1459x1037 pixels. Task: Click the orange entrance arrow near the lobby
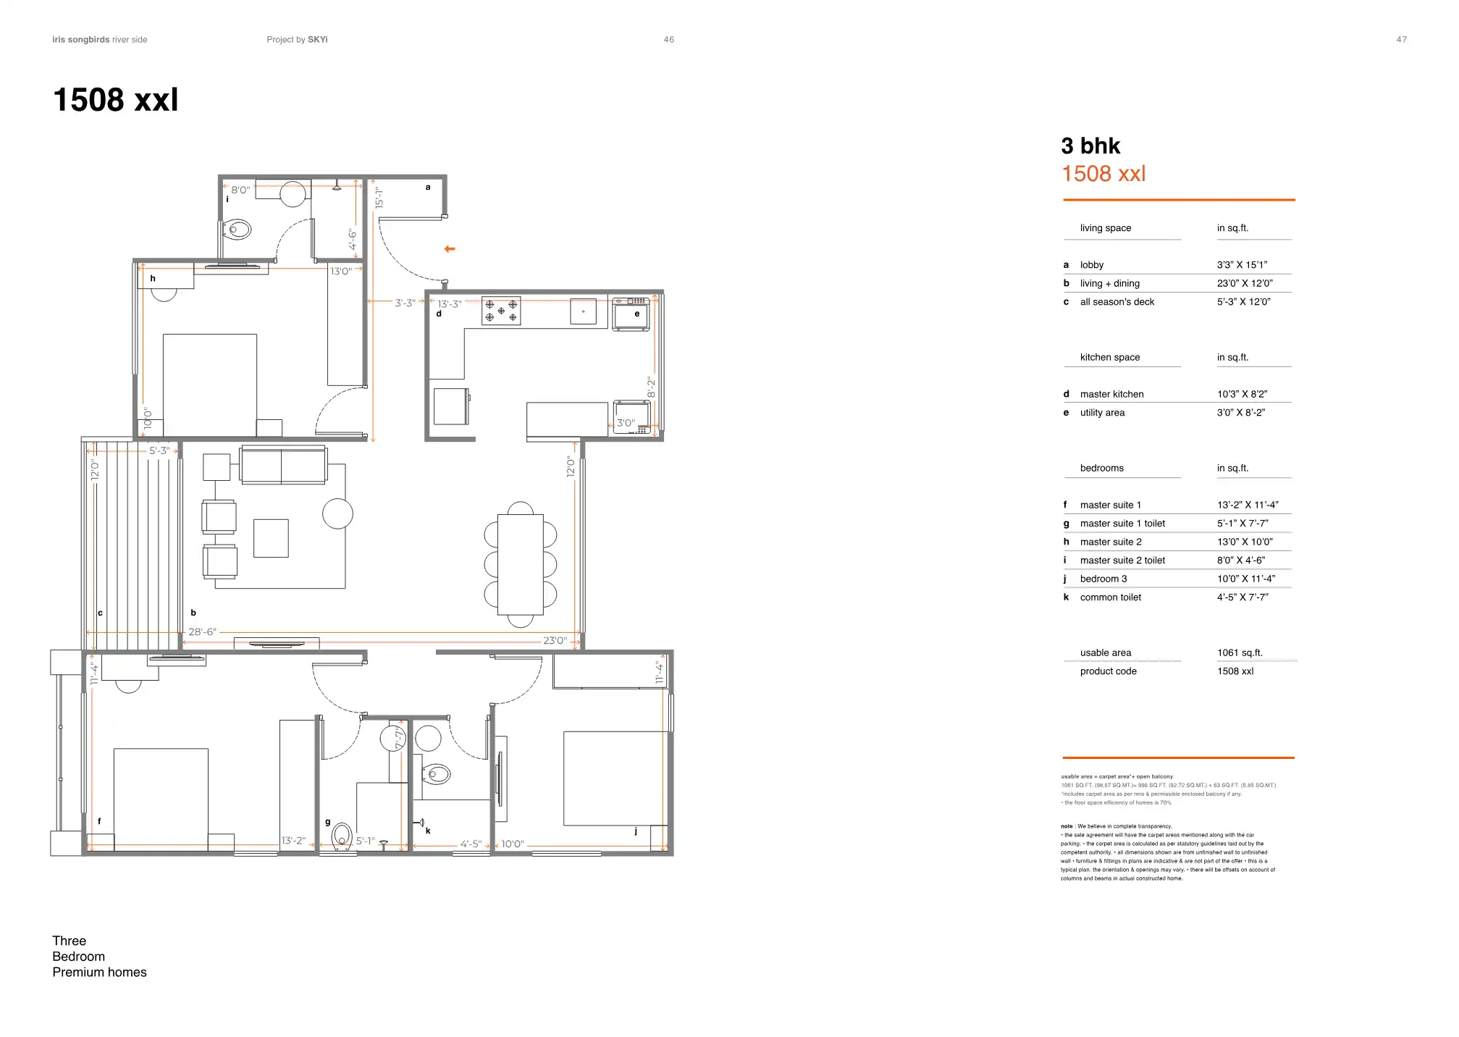click(x=450, y=249)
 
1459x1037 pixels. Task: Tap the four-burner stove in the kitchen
click(x=501, y=311)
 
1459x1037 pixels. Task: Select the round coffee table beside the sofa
click(x=337, y=514)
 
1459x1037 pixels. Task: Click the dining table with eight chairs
click(x=521, y=564)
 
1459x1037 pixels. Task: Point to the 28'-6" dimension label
click(x=202, y=632)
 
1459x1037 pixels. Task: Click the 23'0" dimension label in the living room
click(x=555, y=641)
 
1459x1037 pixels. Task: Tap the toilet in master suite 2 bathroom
click(x=237, y=230)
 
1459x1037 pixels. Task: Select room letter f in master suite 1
click(x=99, y=821)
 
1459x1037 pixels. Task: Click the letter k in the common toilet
click(x=428, y=831)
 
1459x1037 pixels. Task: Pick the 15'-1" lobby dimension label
click(x=379, y=198)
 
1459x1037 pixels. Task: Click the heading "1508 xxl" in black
click(x=116, y=100)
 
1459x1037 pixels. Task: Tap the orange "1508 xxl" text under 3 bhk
click(x=1103, y=174)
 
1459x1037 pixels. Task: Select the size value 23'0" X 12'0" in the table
click(x=1245, y=283)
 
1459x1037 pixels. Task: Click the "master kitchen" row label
click(x=1111, y=395)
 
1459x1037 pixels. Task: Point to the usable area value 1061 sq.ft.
click(x=1240, y=653)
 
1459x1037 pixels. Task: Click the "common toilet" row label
click(x=1110, y=597)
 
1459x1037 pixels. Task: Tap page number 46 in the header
click(x=668, y=40)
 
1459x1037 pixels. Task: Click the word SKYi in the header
click(x=317, y=40)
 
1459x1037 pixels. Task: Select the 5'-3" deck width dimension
click(x=159, y=450)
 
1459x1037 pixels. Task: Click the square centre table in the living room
click(x=271, y=538)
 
